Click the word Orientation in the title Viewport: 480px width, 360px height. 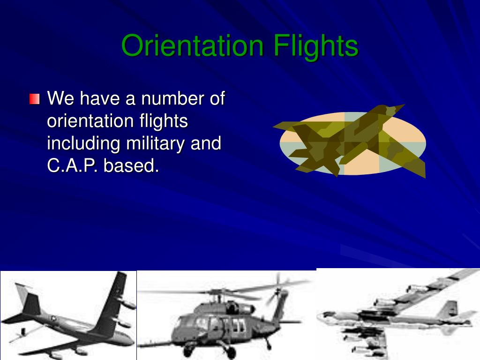click(192, 46)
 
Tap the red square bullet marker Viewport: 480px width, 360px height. click(34, 99)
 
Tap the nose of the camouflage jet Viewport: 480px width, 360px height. click(398, 107)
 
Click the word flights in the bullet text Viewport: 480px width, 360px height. click(164, 121)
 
